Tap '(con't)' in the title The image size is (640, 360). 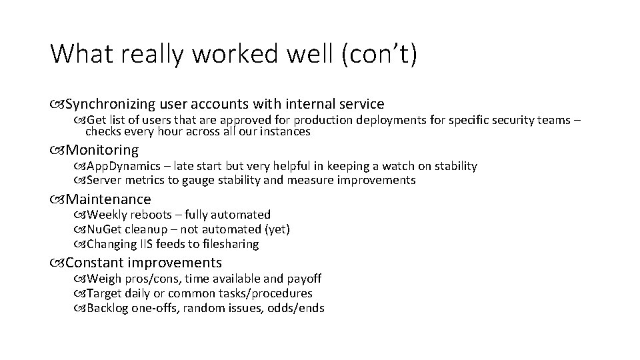379,54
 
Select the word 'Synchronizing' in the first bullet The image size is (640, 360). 110,104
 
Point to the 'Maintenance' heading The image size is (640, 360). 109,199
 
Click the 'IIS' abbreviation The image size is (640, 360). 144,244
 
